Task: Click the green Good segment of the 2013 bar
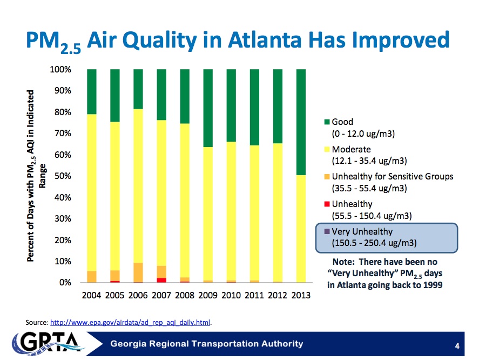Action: (301, 122)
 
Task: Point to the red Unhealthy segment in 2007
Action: (161, 280)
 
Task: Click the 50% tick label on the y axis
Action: (62, 176)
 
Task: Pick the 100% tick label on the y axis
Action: (60, 70)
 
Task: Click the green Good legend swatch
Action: (326, 123)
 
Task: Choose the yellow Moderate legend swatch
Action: (326, 150)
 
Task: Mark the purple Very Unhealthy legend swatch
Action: (326, 232)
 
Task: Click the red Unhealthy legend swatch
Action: (326, 204)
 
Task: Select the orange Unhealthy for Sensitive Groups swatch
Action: (326, 177)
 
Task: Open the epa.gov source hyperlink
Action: (130, 323)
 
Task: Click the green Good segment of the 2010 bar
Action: (231, 105)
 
